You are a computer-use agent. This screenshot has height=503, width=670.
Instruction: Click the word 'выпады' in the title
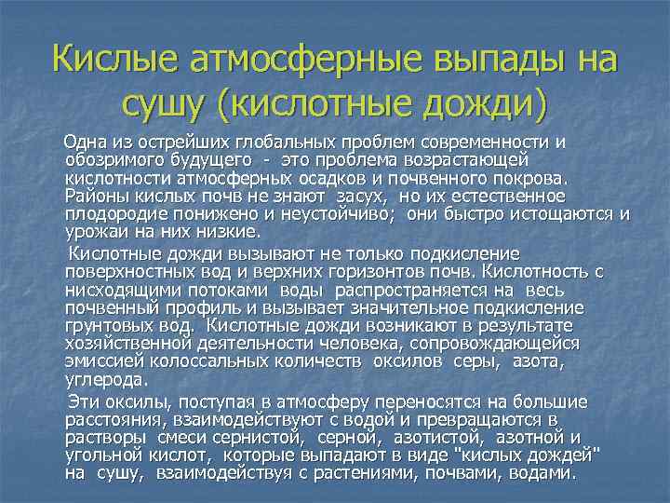click(478, 61)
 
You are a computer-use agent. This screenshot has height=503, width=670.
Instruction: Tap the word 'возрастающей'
click(470, 160)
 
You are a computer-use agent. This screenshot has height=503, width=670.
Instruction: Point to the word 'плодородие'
click(110, 213)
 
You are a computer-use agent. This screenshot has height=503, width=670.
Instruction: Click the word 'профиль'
click(200, 307)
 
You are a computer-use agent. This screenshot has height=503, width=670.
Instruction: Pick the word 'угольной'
click(101, 455)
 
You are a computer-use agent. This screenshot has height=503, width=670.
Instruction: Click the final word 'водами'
click(540, 472)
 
